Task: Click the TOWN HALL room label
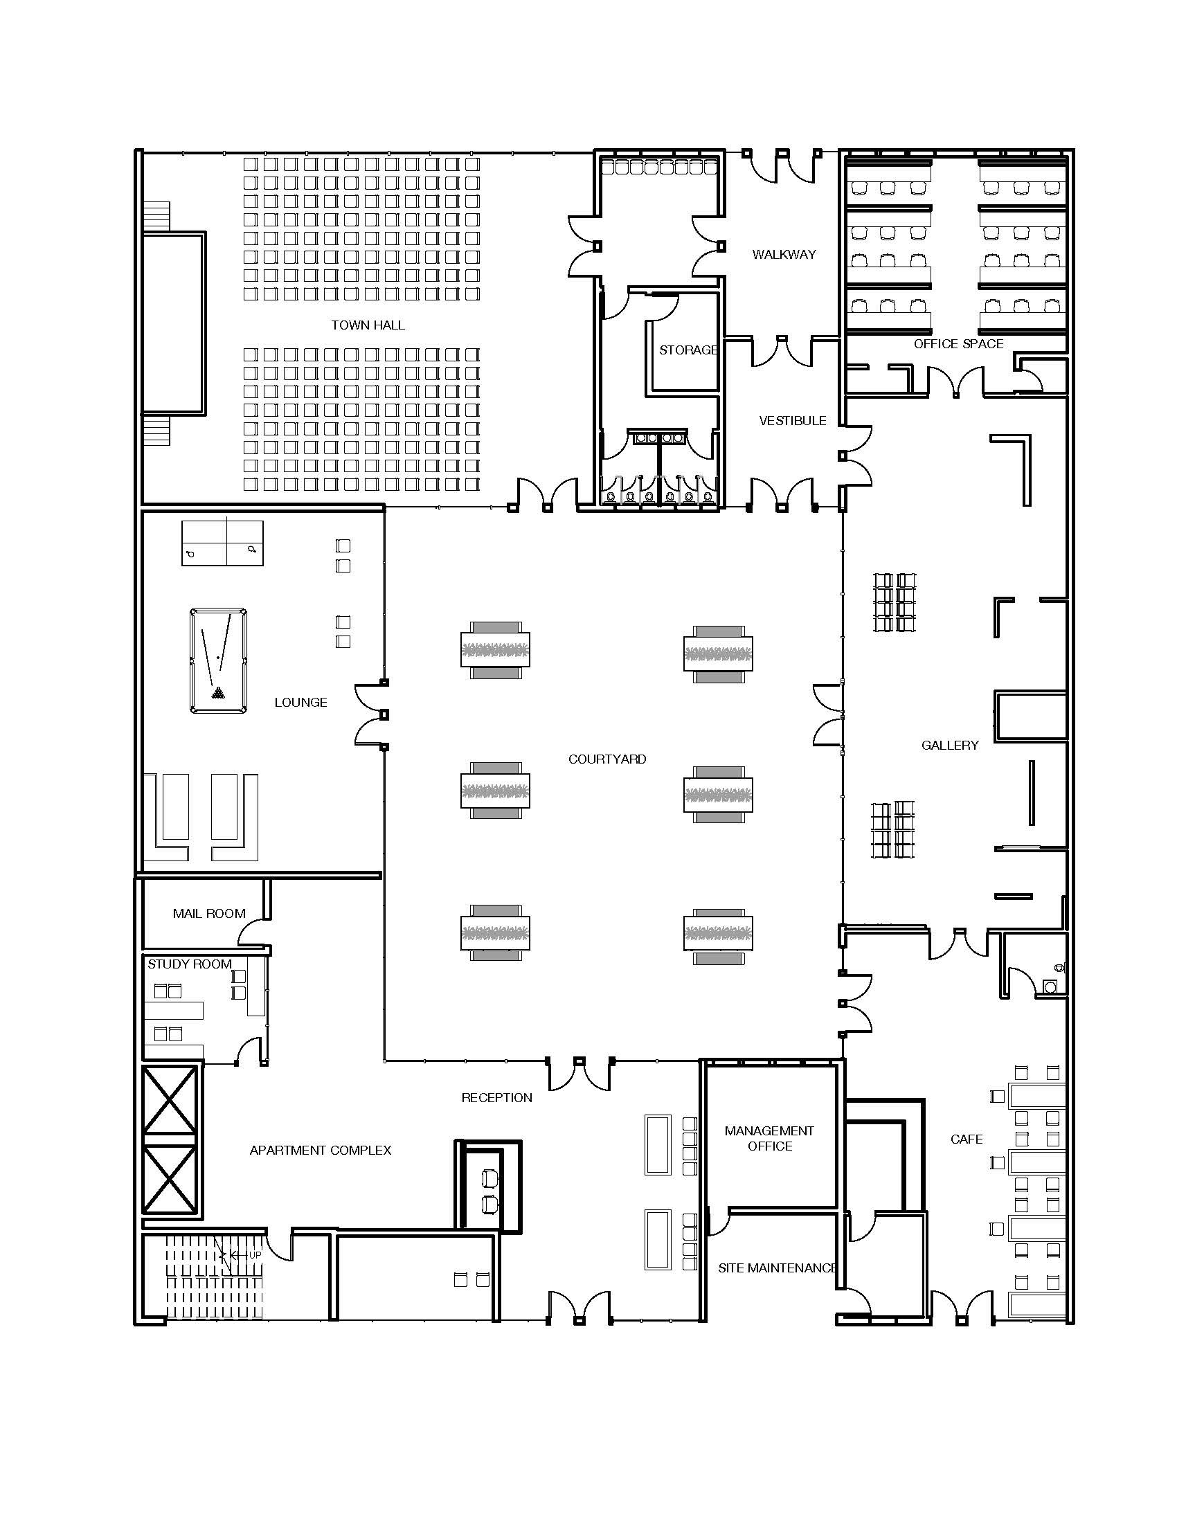pyautogui.click(x=368, y=325)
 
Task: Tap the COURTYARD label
pyautogui.click(x=607, y=759)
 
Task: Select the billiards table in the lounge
pyautogui.click(x=218, y=660)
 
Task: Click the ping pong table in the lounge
pyautogui.click(x=222, y=543)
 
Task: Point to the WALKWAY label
pyautogui.click(x=784, y=255)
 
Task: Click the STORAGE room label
pyautogui.click(x=688, y=350)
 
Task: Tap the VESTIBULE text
pyautogui.click(x=792, y=420)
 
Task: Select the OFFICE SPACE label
pyautogui.click(x=958, y=344)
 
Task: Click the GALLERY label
pyautogui.click(x=950, y=746)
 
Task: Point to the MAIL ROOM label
pyautogui.click(x=209, y=914)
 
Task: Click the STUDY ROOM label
pyautogui.click(x=190, y=964)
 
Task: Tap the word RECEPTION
pyautogui.click(x=496, y=1098)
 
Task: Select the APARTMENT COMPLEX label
pyautogui.click(x=320, y=1150)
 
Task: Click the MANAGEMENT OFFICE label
pyautogui.click(x=769, y=1138)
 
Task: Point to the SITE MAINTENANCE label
pyautogui.click(x=777, y=1268)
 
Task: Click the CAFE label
pyautogui.click(x=967, y=1139)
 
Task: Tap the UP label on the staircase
pyautogui.click(x=255, y=1255)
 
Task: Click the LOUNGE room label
pyautogui.click(x=300, y=702)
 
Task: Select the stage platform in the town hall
pyautogui.click(x=174, y=325)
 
